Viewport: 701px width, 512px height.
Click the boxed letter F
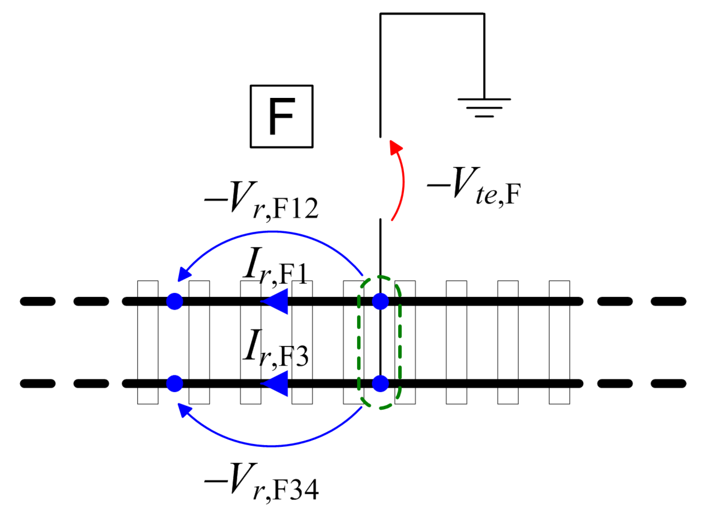pyautogui.click(x=281, y=116)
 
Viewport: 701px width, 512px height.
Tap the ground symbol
pyautogui.click(x=484, y=107)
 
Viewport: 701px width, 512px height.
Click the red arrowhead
pyautogui.click(x=396, y=147)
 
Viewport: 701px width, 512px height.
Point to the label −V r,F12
pyautogui.click(x=262, y=200)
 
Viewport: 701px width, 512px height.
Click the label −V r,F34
pyautogui.click(x=262, y=482)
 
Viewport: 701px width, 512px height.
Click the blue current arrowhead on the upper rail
pyautogui.click(x=275, y=301)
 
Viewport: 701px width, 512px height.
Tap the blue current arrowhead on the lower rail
pyautogui.click(x=275, y=383)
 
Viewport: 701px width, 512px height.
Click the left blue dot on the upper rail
pyautogui.click(x=175, y=301)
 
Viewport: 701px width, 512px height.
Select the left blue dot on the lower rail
pyautogui.click(x=175, y=383)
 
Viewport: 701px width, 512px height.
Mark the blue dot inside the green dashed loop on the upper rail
pyautogui.click(x=380, y=301)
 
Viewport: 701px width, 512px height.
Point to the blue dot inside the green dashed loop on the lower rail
pyautogui.click(x=380, y=383)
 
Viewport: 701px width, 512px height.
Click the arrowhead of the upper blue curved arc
pyautogui.click(x=184, y=275)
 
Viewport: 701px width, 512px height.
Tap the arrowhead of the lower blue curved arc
pyautogui.click(x=184, y=410)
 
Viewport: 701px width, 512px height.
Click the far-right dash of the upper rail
pyautogui.click(x=668, y=301)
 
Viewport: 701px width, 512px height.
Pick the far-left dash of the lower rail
pyautogui.click(x=38, y=383)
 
